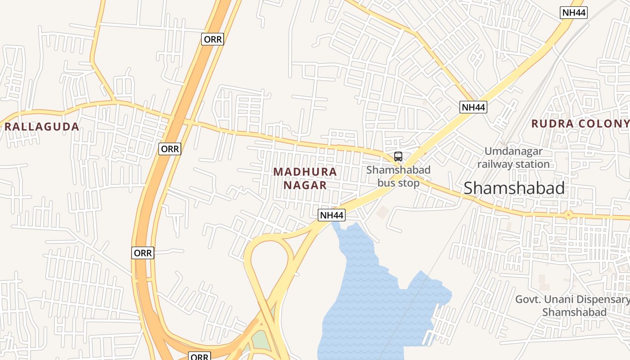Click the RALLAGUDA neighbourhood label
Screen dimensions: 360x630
42,126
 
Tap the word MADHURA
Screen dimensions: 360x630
305,171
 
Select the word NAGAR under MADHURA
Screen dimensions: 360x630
305,185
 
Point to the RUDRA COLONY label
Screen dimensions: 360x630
580,124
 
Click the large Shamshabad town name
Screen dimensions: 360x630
514,188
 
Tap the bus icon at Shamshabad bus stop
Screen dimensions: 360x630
398,157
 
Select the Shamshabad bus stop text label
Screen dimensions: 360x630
398,176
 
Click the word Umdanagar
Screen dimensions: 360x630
513,151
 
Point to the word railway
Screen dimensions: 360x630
494,164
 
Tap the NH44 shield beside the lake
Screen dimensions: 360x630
332,216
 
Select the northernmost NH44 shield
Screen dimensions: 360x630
574,13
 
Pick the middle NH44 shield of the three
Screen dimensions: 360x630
473,107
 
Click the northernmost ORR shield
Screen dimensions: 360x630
212,39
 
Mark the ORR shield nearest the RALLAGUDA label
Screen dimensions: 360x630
170,149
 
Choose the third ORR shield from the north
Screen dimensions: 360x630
143,253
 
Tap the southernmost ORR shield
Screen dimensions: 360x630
199,356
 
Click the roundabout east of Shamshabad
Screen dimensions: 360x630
568,215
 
